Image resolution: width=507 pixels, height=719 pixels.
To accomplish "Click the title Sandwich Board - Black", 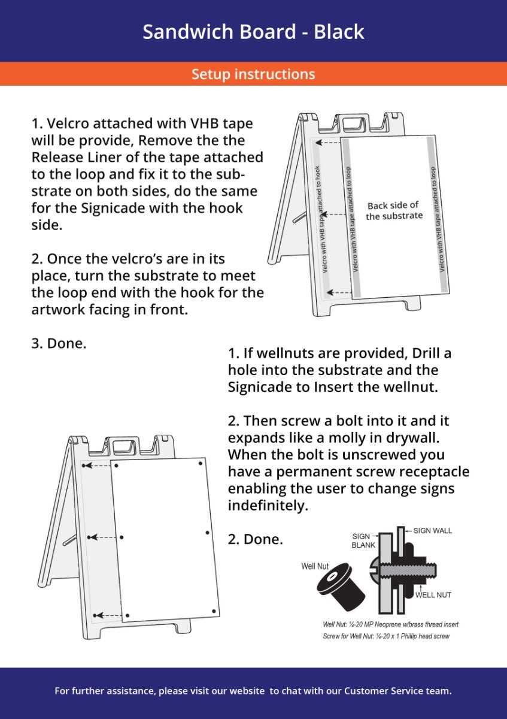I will click(253, 31).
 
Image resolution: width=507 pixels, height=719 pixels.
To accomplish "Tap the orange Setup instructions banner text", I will click(253, 74).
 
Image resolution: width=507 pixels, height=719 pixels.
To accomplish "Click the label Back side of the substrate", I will click(394, 210).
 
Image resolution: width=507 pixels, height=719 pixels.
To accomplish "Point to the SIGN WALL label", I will click(432, 531).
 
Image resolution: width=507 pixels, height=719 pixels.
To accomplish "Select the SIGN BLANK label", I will click(363, 541).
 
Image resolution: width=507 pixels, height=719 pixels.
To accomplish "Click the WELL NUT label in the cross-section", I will click(433, 595).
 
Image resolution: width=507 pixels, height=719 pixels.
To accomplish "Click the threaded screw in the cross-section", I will click(413, 570).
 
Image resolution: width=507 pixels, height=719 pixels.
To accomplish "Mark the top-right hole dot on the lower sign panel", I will click(200, 463).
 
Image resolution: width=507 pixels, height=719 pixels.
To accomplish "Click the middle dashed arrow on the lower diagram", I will click(104, 537).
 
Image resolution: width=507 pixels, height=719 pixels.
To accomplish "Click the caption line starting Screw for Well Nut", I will click(385, 636).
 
